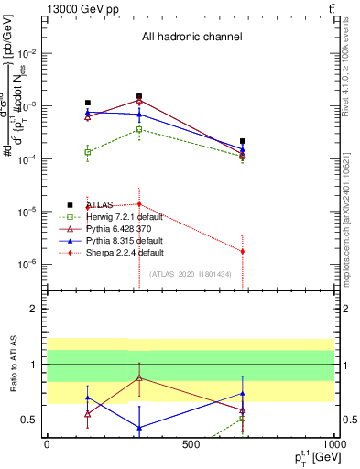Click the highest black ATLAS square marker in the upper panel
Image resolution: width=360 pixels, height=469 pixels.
pos(139,96)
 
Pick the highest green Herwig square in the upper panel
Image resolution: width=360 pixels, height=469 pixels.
pos(139,129)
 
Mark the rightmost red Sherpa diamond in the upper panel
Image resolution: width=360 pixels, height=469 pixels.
pos(243,251)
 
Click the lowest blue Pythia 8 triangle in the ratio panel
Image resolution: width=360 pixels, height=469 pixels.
pos(139,428)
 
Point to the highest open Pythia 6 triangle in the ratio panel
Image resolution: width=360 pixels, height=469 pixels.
pos(139,377)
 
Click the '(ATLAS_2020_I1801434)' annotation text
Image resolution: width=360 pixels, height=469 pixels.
pos(191,274)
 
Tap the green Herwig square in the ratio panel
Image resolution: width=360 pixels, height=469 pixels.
pos(243,419)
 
